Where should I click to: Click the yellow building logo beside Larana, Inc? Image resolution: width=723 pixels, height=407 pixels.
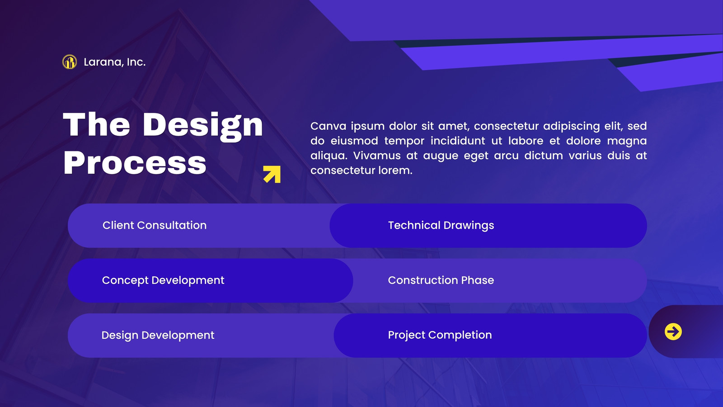70,62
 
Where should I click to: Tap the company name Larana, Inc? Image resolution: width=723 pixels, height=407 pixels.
115,62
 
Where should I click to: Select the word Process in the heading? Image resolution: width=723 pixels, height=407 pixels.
135,163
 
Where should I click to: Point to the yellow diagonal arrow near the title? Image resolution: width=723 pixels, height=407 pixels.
272,175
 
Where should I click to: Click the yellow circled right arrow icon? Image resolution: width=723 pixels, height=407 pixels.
673,332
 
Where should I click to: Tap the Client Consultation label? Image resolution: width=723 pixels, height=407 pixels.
155,225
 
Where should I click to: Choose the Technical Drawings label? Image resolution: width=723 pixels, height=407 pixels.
441,226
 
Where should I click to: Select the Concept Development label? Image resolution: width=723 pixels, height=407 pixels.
163,280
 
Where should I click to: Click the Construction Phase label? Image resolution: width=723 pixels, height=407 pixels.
441,280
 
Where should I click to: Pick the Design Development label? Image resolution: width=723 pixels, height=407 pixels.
158,335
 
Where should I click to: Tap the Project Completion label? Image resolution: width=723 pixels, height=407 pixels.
440,335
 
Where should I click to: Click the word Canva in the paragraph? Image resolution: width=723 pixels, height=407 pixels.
328,126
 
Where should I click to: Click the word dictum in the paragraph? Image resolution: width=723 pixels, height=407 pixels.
544,156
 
